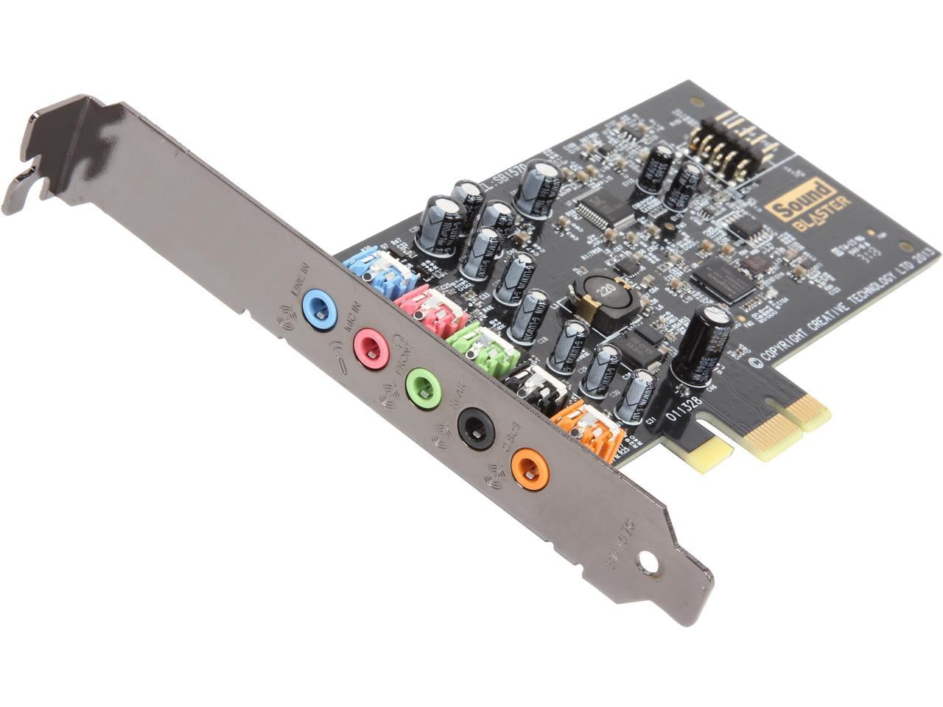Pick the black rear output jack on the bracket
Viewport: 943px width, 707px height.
476,428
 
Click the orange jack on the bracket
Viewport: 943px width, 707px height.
530,468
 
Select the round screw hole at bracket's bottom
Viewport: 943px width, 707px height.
648,564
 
